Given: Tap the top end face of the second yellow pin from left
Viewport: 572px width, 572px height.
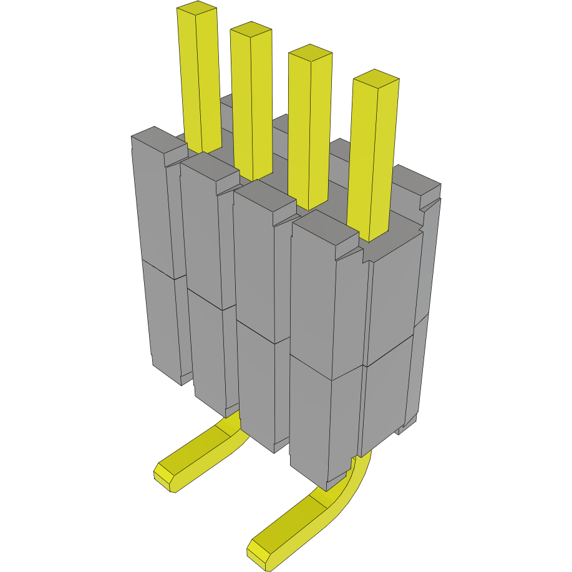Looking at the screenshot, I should click(251, 29).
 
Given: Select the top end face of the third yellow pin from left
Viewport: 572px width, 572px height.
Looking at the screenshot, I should click(310, 52).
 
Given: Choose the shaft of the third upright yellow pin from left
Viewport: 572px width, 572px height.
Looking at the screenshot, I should click(311, 131).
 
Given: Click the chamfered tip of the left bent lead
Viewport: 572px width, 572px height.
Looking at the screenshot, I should click(165, 477).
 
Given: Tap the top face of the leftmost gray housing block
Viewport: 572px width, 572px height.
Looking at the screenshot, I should click(158, 140).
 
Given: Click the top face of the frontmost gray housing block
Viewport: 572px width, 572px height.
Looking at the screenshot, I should click(324, 228).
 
